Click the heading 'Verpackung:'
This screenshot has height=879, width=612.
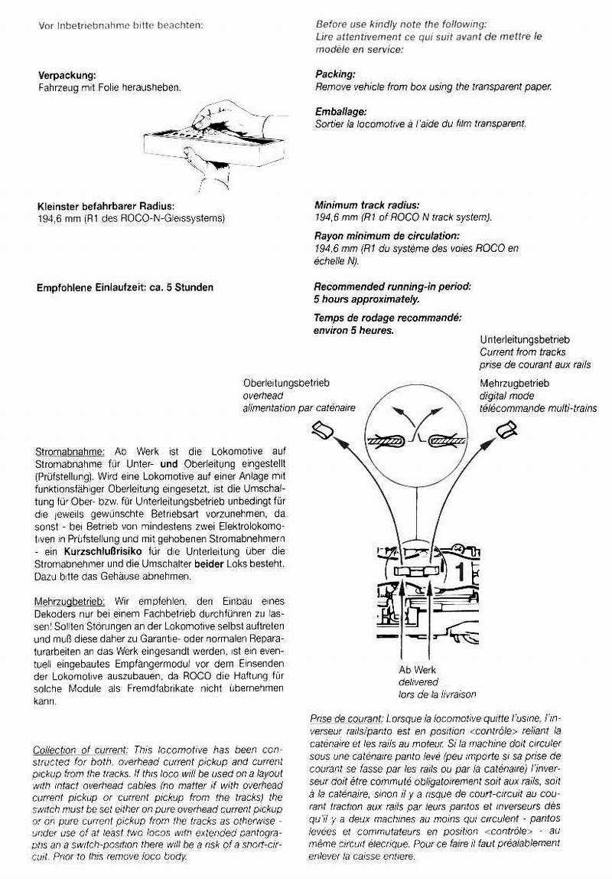tap(67, 76)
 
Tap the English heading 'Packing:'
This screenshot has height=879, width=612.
tap(335, 75)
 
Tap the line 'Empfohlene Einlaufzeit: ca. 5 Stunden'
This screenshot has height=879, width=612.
tap(125, 289)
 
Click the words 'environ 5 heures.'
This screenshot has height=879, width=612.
tap(353, 331)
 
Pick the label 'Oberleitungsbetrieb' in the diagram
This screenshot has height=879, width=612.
tap(282, 382)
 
